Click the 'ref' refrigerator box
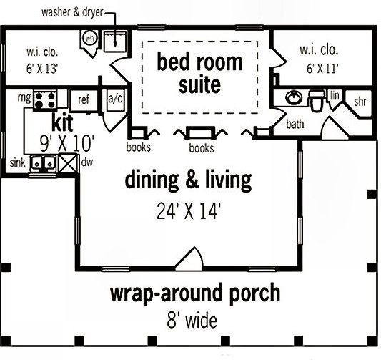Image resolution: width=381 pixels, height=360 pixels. click(83, 99)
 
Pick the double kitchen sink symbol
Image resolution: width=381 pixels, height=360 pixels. click(42, 164)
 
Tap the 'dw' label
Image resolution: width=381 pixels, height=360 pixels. click(87, 163)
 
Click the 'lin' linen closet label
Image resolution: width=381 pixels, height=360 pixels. click(334, 94)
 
